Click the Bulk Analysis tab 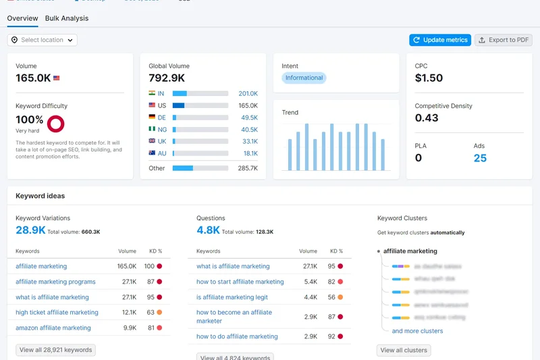[x=66, y=18]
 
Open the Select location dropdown [x=42, y=40]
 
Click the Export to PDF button [x=504, y=40]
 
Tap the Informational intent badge [x=304, y=78]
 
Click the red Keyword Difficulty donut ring [x=55, y=123]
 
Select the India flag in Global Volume [x=152, y=94]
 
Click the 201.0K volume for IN [x=248, y=94]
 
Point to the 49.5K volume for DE [x=249, y=118]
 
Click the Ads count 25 [x=480, y=158]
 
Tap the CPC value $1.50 [x=429, y=78]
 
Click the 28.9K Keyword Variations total [x=30, y=230]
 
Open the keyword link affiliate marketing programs [x=55, y=282]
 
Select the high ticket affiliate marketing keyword [x=57, y=313]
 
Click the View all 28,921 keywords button [x=55, y=350]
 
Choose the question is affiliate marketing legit [x=232, y=297]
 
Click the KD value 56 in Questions [x=331, y=297]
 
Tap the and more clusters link [x=417, y=331]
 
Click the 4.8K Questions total [x=208, y=230]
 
